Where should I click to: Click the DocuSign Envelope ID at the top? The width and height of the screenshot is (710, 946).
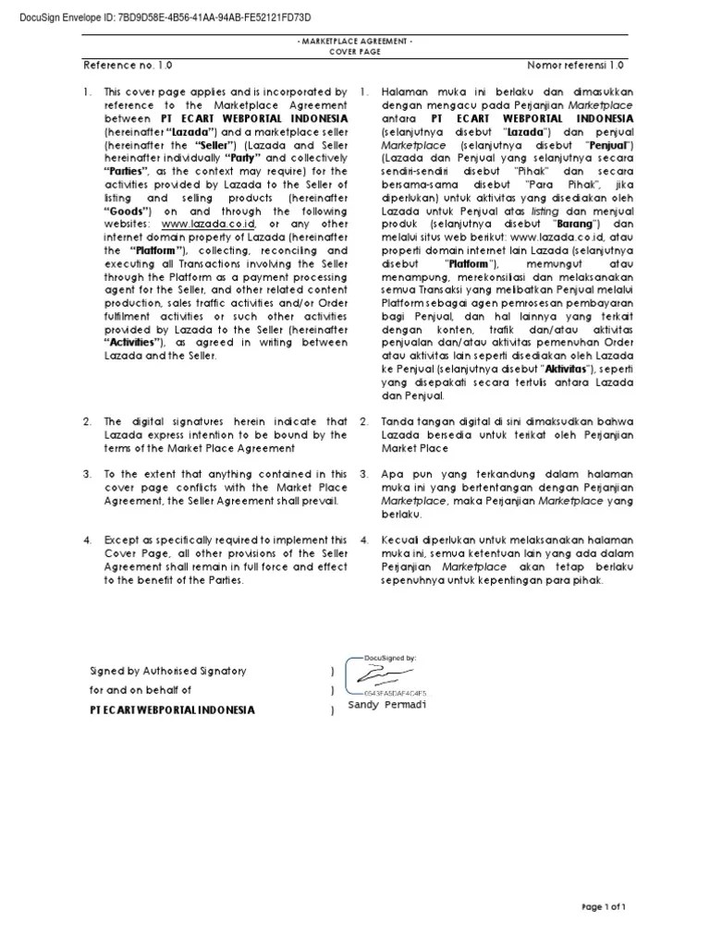158,18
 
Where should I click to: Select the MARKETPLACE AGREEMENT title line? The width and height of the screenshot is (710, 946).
355,42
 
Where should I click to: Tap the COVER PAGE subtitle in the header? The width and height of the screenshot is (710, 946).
355,53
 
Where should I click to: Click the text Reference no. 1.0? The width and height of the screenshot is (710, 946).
128,67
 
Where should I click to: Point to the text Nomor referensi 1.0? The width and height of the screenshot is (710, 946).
576,67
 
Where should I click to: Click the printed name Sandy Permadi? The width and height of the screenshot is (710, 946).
387,707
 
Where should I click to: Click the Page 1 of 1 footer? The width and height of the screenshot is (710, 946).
604,907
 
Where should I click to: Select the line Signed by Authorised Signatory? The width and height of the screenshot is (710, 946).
167,671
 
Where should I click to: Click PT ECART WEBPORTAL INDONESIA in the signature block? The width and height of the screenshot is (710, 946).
172,709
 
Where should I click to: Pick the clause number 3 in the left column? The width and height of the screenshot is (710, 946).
87,474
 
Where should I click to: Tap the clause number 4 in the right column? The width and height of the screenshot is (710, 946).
365,540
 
